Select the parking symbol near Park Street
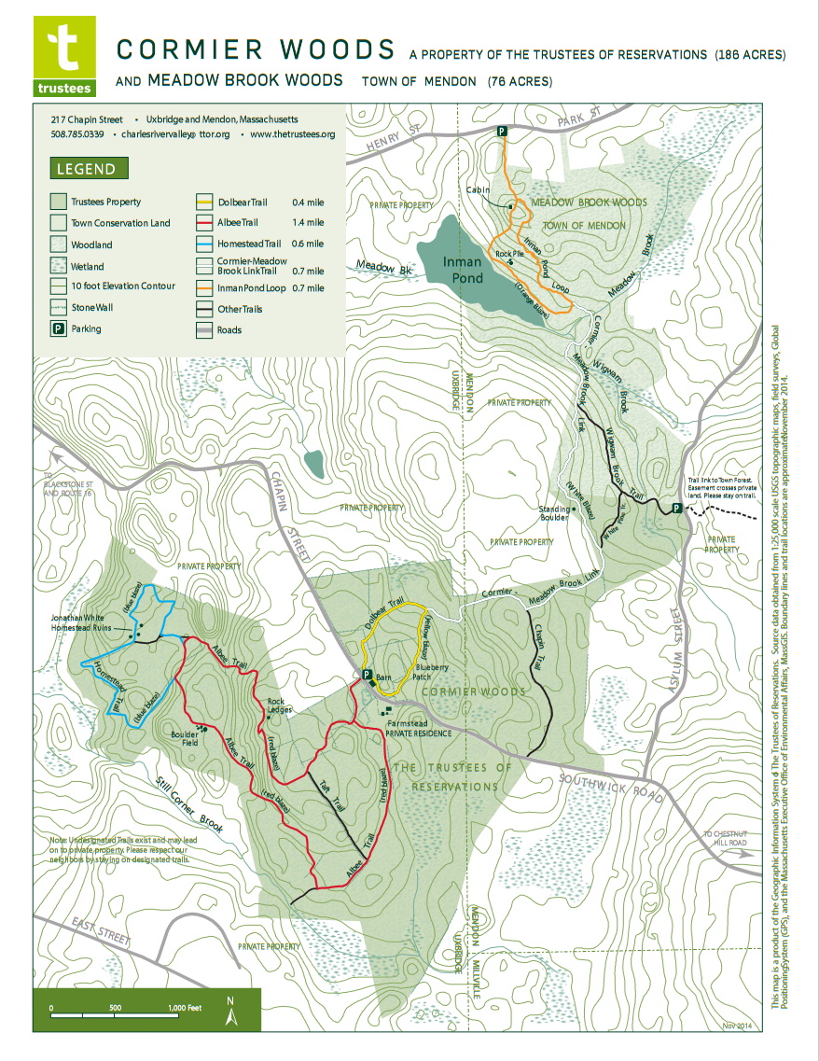pos(502,133)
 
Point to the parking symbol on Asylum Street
pos(677,509)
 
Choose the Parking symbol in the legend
pos(58,328)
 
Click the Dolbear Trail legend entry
pos(234,202)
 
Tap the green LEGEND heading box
pos(87,170)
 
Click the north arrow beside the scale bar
pos(230,1011)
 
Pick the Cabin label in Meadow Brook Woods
pos(479,189)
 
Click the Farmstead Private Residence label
pos(418,728)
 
